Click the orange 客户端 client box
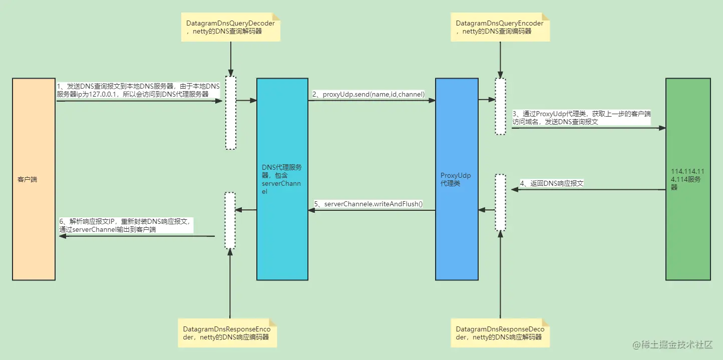(x=34, y=179)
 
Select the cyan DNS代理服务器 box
(x=282, y=179)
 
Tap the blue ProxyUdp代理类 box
(x=456, y=179)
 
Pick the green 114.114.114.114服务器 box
(x=687, y=179)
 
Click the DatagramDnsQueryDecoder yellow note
(x=231, y=27)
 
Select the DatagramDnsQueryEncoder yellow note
(x=499, y=27)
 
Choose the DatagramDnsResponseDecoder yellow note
(x=499, y=333)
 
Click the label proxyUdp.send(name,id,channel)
(x=369, y=94)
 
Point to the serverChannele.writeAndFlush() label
(x=369, y=204)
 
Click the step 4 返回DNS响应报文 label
(x=552, y=183)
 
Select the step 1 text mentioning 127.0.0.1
(x=138, y=90)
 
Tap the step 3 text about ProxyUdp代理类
(x=581, y=118)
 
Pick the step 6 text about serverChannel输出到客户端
(x=126, y=225)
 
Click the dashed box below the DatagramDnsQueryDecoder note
(x=230, y=112)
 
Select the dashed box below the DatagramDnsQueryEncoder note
(x=500, y=106)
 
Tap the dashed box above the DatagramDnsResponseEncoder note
(x=230, y=220)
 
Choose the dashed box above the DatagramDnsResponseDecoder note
(x=500, y=202)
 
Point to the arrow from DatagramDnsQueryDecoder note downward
(x=231, y=58)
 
